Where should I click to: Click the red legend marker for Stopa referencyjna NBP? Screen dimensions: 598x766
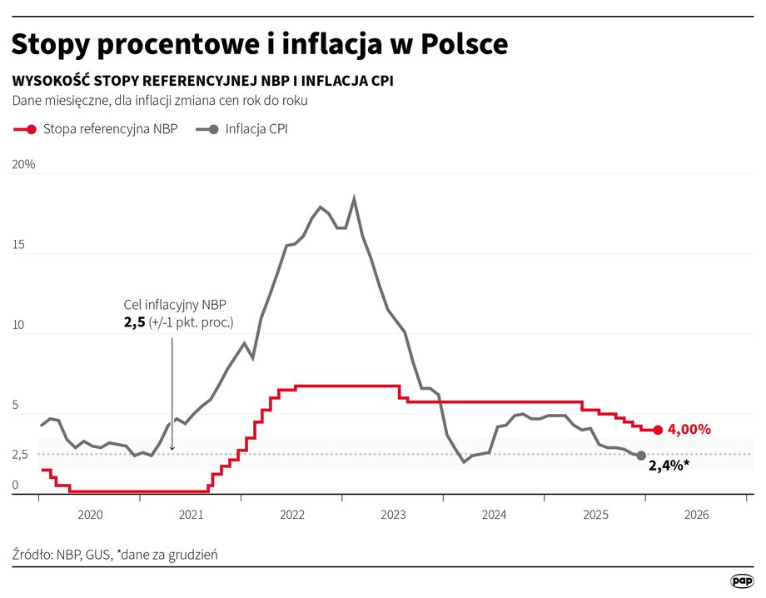click(x=31, y=129)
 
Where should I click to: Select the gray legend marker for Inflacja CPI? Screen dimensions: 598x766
click(x=213, y=129)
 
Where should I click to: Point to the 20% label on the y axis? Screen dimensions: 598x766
click(x=23, y=165)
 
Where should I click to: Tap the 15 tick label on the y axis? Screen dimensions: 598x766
click(x=18, y=246)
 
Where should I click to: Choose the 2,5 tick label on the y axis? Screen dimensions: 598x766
click(x=19, y=455)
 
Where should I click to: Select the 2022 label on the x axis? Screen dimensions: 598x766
click(x=291, y=516)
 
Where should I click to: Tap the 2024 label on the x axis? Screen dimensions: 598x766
click(x=494, y=516)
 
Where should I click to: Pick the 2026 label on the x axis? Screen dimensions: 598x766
click(x=695, y=516)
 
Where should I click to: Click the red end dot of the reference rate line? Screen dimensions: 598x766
click(x=658, y=430)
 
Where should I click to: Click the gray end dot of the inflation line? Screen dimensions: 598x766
click(x=640, y=456)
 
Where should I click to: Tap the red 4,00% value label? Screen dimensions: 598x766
click(x=689, y=430)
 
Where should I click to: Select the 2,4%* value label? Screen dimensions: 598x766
click(x=669, y=465)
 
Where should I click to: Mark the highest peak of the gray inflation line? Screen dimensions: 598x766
click(x=355, y=198)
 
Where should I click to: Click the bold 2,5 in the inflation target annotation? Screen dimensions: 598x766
click(x=134, y=322)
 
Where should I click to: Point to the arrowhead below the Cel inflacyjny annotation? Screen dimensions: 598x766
click(x=172, y=448)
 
